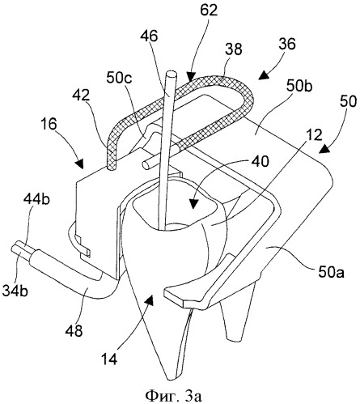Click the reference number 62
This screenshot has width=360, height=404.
209,11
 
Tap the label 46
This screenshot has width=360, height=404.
149,36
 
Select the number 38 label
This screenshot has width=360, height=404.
233,49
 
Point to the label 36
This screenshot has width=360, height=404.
287,44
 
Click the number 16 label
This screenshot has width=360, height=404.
49,124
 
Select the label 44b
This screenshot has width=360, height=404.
36,200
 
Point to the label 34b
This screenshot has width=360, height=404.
15,291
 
